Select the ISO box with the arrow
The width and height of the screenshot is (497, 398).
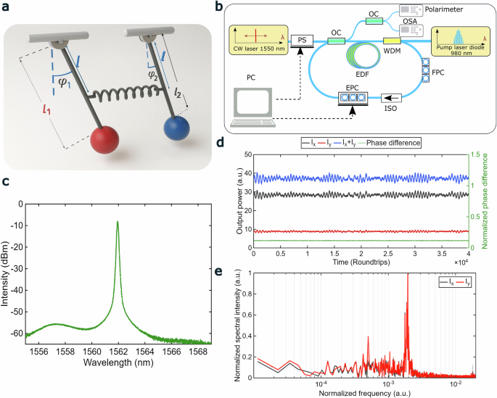[391, 96]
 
